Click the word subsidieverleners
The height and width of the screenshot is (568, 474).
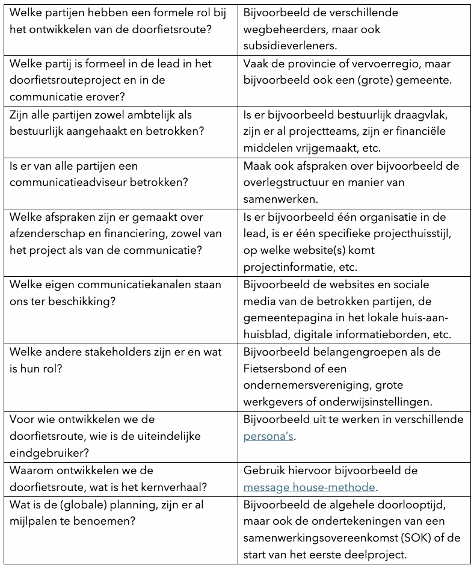tap(286, 45)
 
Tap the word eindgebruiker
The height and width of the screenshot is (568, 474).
tap(46, 452)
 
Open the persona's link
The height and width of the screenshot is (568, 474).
tap(268, 436)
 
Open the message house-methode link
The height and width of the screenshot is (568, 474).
tap(309, 487)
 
